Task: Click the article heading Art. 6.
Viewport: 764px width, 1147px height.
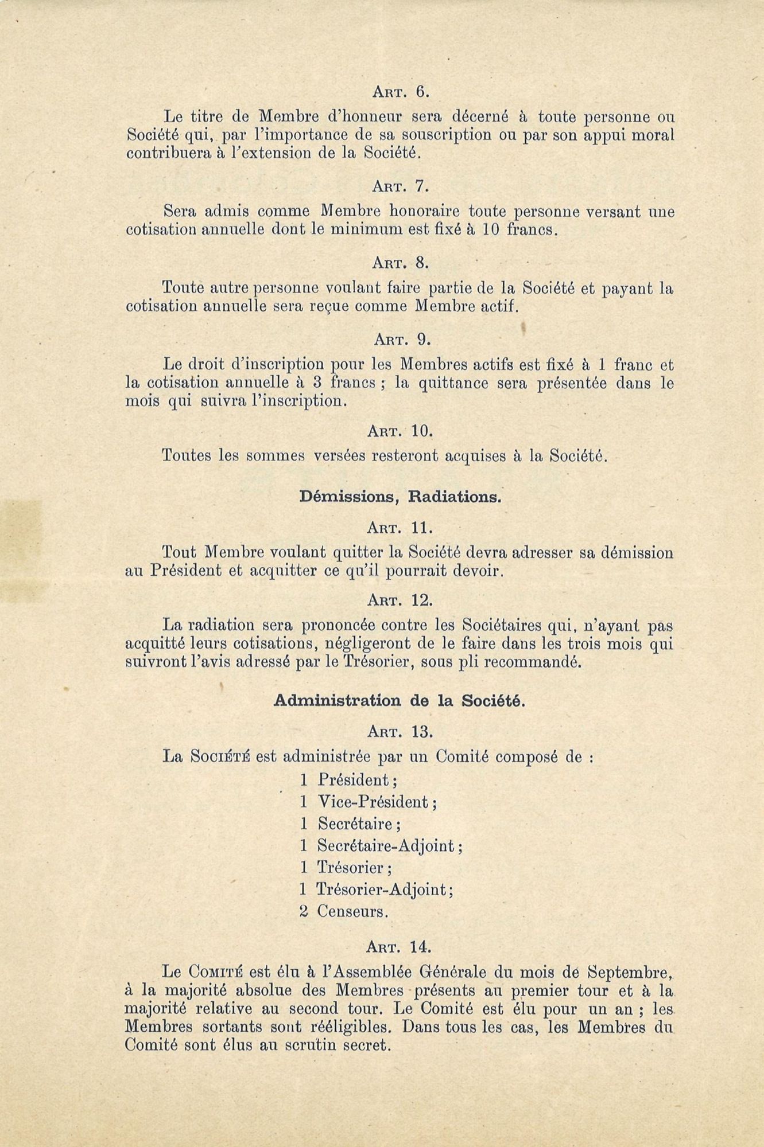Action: coord(401,91)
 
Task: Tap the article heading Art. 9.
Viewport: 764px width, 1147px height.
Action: coord(401,340)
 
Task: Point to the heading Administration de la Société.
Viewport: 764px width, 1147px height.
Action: coord(400,701)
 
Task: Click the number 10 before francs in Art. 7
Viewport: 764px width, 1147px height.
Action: coord(489,230)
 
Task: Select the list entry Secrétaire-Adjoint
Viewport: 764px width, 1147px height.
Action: coord(389,845)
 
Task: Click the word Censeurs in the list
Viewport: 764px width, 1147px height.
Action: coord(352,911)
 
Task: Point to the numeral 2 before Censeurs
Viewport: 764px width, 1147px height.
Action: coord(304,911)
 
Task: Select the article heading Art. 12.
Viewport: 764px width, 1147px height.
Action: coord(401,600)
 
